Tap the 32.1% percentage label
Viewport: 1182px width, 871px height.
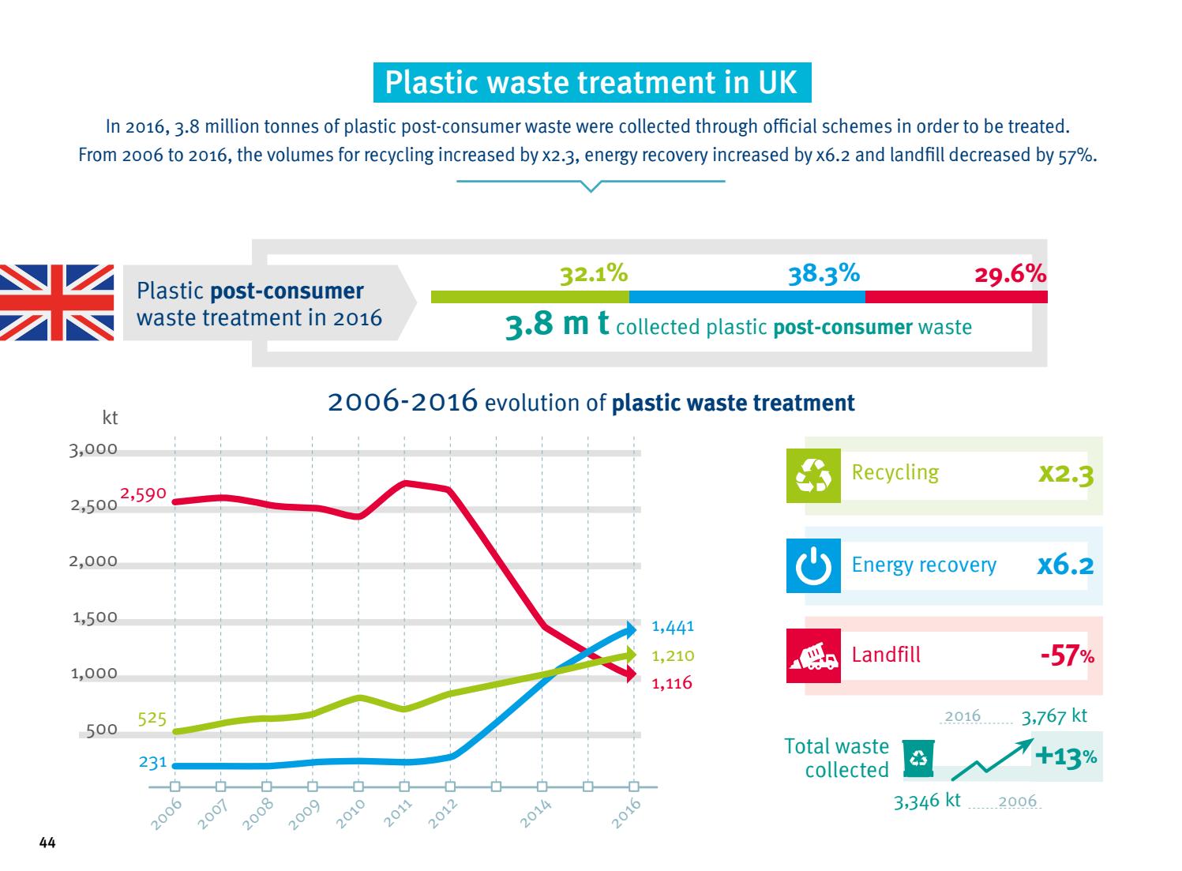(x=594, y=274)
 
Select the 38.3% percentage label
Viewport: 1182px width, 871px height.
(x=824, y=274)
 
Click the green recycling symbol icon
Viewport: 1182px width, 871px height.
(x=813, y=475)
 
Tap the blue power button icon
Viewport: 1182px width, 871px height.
(x=813, y=565)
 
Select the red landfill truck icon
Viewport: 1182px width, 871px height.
(x=813, y=655)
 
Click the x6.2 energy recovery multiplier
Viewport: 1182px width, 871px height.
(x=1064, y=565)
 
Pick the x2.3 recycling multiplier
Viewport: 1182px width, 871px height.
(x=1065, y=475)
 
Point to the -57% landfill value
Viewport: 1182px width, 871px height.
(x=1067, y=655)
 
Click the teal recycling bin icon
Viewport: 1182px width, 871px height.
(x=918, y=758)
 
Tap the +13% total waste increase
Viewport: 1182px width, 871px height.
(x=1065, y=756)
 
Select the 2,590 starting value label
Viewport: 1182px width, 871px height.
(x=143, y=494)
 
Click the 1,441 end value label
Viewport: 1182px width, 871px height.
(x=672, y=627)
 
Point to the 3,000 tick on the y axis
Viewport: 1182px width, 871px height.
(x=93, y=450)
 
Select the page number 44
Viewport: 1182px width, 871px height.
(x=47, y=844)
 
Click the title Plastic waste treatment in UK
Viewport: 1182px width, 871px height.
(x=591, y=83)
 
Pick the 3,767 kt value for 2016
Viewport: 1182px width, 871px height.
(x=1053, y=716)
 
